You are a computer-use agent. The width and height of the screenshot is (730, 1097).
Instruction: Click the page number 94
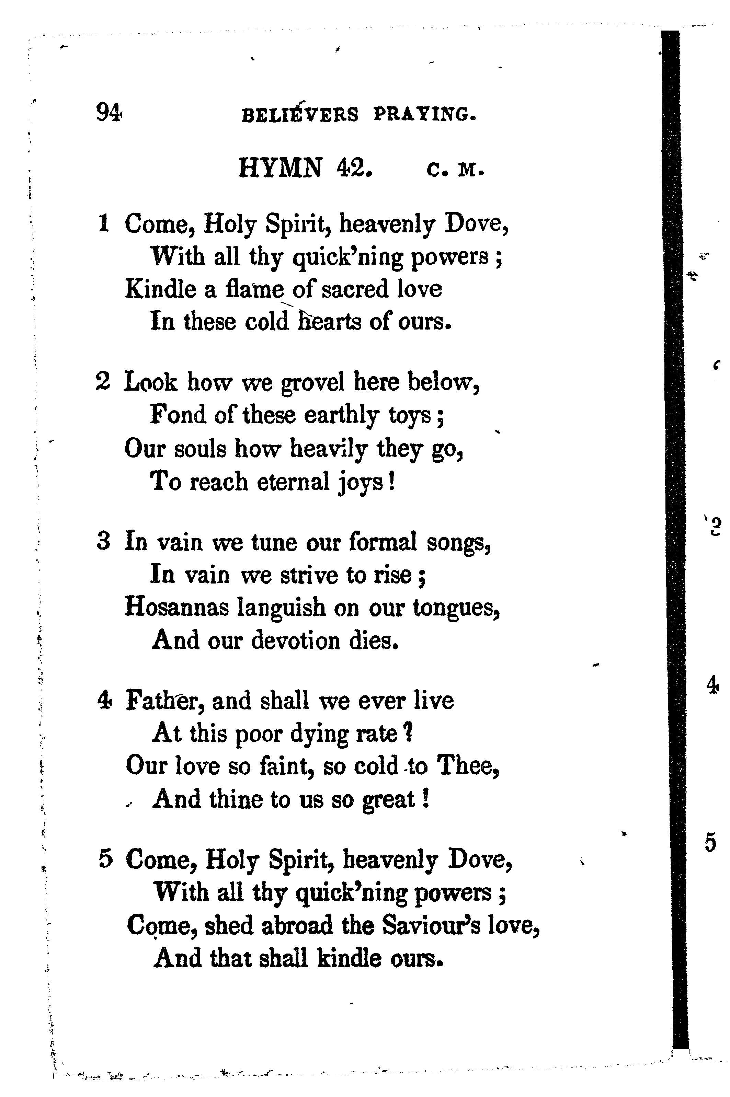(109, 112)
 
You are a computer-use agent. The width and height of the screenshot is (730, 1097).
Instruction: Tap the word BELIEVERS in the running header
(300, 115)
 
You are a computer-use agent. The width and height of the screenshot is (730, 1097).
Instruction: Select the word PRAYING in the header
(425, 115)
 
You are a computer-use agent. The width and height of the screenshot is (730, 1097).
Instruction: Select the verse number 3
(103, 542)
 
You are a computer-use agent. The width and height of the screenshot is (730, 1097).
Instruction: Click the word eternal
(293, 482)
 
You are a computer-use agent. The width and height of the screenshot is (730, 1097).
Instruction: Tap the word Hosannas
(176, 608)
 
